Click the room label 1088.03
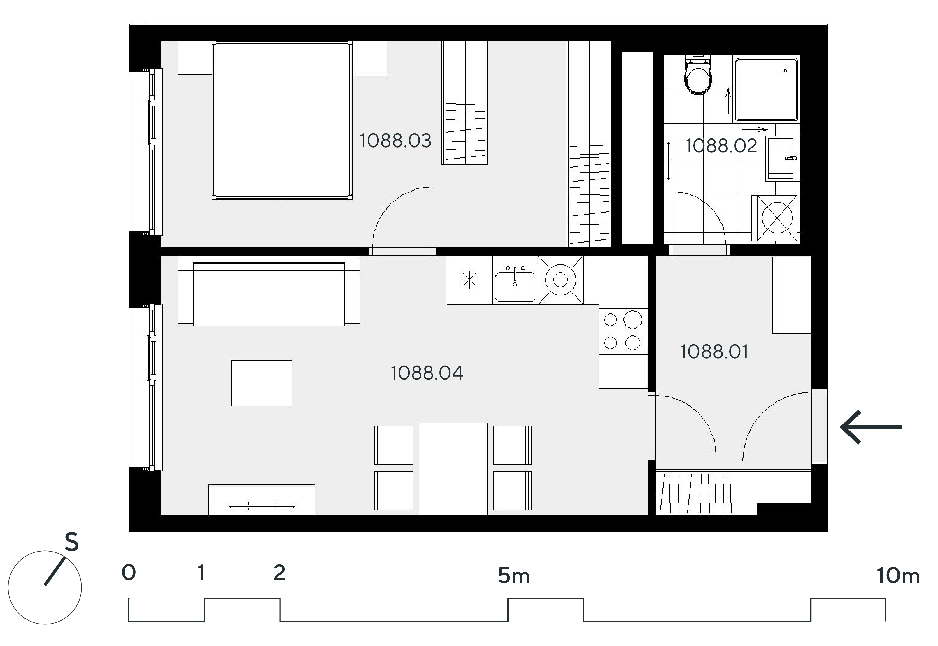point(395,141)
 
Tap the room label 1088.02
point(721,146)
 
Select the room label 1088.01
point(714,352)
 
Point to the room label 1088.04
point(427,373)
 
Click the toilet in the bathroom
point(697,76)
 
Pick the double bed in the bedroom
point(282,121)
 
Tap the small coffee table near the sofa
point(262,383)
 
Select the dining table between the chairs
point(453,469)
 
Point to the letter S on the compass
point(72,542)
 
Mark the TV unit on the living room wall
point(262,499)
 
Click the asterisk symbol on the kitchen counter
point(469,280)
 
